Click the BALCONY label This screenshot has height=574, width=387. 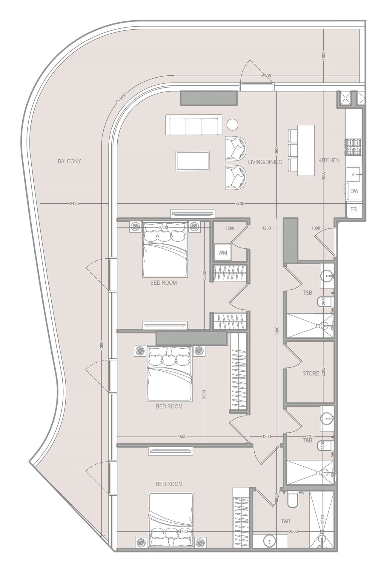[69, 161]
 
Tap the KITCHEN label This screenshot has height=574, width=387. [329, 161]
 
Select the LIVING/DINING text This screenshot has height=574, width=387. [265, 162]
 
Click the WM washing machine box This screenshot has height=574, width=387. [222, 253]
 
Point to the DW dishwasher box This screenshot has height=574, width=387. [354, 191]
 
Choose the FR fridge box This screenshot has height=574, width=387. [354, 209]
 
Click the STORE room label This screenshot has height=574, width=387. [311, 373]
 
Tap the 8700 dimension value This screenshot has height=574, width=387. [239, 204]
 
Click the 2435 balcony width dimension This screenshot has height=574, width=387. [74, 204]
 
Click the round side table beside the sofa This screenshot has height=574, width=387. [232, 124]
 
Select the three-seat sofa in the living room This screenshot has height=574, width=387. [194, 125]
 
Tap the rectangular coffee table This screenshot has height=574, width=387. [193, 161]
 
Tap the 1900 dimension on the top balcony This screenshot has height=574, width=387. [324, 56]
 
